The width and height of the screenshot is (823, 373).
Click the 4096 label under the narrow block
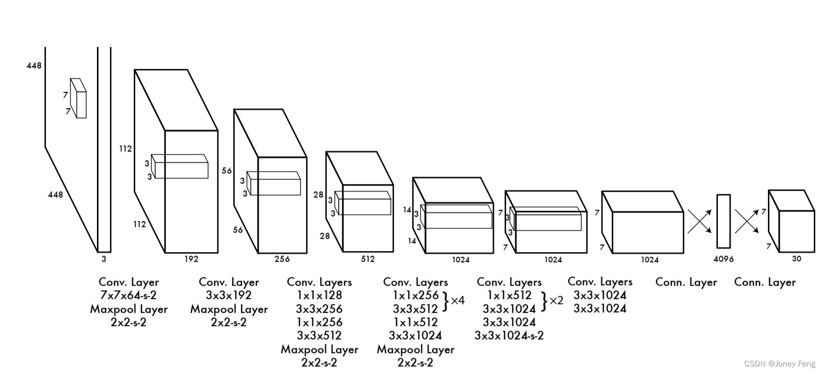[x=723, y=259]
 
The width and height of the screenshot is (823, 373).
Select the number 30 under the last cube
[x=796, y=259]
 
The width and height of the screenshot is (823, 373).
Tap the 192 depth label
[x=191, y=259]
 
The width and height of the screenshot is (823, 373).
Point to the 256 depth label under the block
[x=282, y=259]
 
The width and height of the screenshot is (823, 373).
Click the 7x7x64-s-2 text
[x=129, y=295]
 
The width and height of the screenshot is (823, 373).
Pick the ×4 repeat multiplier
[x=457, y=300]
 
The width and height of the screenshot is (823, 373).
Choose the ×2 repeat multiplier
[x=556, y=300]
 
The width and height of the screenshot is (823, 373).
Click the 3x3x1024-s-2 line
[x=509, y=335]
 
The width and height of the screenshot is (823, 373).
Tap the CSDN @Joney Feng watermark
[x=780, y=364]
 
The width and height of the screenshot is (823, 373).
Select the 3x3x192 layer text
[x=229, y=295]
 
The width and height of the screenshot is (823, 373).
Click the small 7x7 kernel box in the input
[x=79, y=98]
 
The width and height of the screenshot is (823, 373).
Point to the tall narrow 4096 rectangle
[x=724, y=221]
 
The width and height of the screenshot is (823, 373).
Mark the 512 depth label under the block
[x=367, y=259]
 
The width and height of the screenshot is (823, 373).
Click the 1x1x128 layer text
[x=319, y=295]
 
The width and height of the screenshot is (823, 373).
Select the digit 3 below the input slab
[x=104, y=259]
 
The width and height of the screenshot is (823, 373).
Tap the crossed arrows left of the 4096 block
[x=700, y=221]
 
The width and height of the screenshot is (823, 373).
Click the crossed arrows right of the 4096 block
[x=746, y=221]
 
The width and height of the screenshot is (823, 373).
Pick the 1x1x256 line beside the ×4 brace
[x=415, y=295]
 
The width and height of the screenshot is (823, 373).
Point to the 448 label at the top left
[x=34, y=65]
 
